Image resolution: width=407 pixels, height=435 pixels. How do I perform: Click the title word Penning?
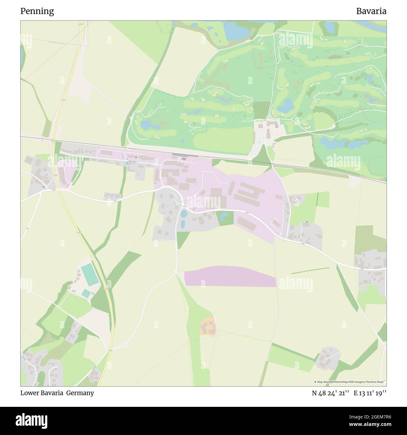tap(37, 11)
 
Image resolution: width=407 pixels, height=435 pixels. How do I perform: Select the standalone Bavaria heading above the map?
tap(371, 11)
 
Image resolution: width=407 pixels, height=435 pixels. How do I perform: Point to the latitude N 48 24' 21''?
tap(330, 393)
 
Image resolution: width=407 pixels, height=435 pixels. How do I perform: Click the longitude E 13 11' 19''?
tap(370, 393)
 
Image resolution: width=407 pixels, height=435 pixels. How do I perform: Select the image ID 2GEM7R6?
tap(370, 417)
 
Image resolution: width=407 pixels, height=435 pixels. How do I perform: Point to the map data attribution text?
tap(350, 382)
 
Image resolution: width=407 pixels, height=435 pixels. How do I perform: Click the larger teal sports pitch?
tap(90, 274)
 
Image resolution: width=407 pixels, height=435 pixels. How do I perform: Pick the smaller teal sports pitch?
tap(86, 293)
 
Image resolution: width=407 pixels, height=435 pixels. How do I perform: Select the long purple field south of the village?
tap(230, 276)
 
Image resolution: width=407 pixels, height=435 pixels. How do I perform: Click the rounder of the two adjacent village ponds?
tap(184, 214)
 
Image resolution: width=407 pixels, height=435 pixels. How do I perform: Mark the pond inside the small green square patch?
tap(224, 215)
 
